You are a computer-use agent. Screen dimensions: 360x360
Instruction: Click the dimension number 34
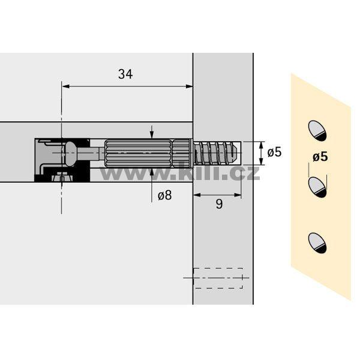[x=125, y=74]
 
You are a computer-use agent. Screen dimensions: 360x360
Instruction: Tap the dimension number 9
[x=219, y=204]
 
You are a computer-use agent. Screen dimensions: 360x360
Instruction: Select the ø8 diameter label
[x=165, y=196]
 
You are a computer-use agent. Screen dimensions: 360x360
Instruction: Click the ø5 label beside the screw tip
[x=274, y=152]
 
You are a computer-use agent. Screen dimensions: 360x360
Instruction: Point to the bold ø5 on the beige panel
[x=320, y=157]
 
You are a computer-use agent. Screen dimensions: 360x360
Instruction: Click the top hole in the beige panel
[x=317, y=130]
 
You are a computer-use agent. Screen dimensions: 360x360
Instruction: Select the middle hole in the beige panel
[x=317, y=187]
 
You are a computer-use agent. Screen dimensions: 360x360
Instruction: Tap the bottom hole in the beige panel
[x=317, y=243]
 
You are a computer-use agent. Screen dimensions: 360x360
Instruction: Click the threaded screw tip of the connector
[x=216, y=153]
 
